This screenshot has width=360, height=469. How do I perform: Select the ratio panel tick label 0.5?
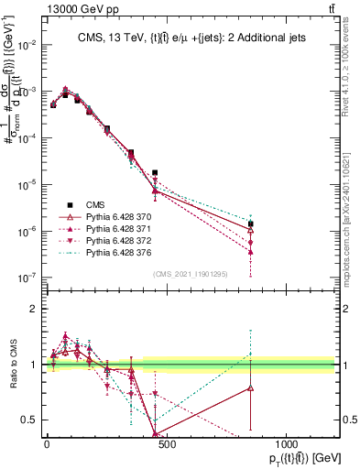pyautogui.click(x=28, y=420)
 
